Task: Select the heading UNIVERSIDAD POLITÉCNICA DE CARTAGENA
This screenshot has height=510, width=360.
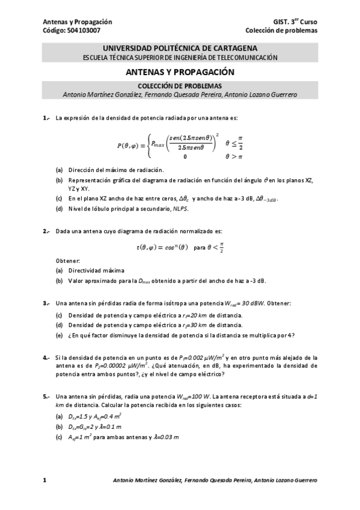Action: pyautogui.click(x=180, y=48)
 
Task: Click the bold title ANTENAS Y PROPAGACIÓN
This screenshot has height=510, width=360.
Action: pyautogui.click(x=180, y=72)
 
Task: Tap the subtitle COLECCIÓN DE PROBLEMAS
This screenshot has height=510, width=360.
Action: pyautogui.click(x=180, y=86)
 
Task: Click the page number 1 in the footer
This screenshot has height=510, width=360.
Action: pyautogui.click(x=44, y=481)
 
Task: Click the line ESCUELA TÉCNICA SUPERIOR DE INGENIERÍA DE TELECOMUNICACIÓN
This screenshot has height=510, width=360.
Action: pyautogui.click(x=180, y=58)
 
